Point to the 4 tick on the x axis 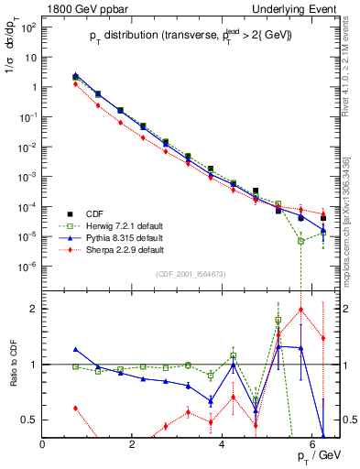point(223,444)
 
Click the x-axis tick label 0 point(43,444)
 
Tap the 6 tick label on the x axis point(312,444)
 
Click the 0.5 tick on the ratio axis point(29,420)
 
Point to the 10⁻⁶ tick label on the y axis point(27,267)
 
